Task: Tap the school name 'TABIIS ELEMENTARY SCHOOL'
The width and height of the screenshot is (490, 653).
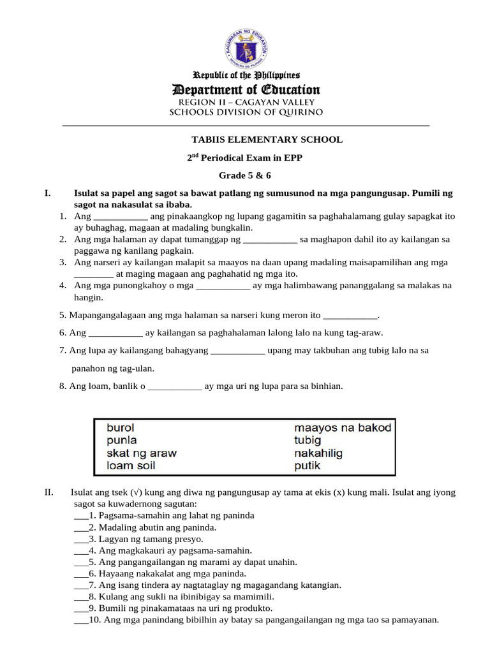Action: (x=267, y=139)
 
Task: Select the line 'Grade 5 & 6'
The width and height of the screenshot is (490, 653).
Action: (x=246, y=175)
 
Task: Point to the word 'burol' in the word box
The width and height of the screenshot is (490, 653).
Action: (x=121, y=427)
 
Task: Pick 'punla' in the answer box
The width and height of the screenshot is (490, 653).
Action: (x=122, y=440)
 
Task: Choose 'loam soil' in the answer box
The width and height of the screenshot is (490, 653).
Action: (x=131, y=466)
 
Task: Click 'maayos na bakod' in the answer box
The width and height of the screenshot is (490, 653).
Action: (x=343, y=427)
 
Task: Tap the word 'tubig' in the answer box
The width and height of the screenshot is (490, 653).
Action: (x=308, y=440)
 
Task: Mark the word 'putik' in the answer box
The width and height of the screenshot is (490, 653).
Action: (x=307, y=466)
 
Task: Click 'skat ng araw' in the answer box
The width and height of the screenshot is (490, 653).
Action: (x=142, y=453)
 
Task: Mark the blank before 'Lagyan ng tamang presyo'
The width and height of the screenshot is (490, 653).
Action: (x=81, y=539)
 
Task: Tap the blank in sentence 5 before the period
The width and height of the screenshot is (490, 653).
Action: (x=350, y=315)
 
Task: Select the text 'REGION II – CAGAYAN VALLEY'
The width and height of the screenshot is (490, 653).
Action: (x=246, y=102)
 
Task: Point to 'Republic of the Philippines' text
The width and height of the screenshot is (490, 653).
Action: (x=246, y=75)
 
